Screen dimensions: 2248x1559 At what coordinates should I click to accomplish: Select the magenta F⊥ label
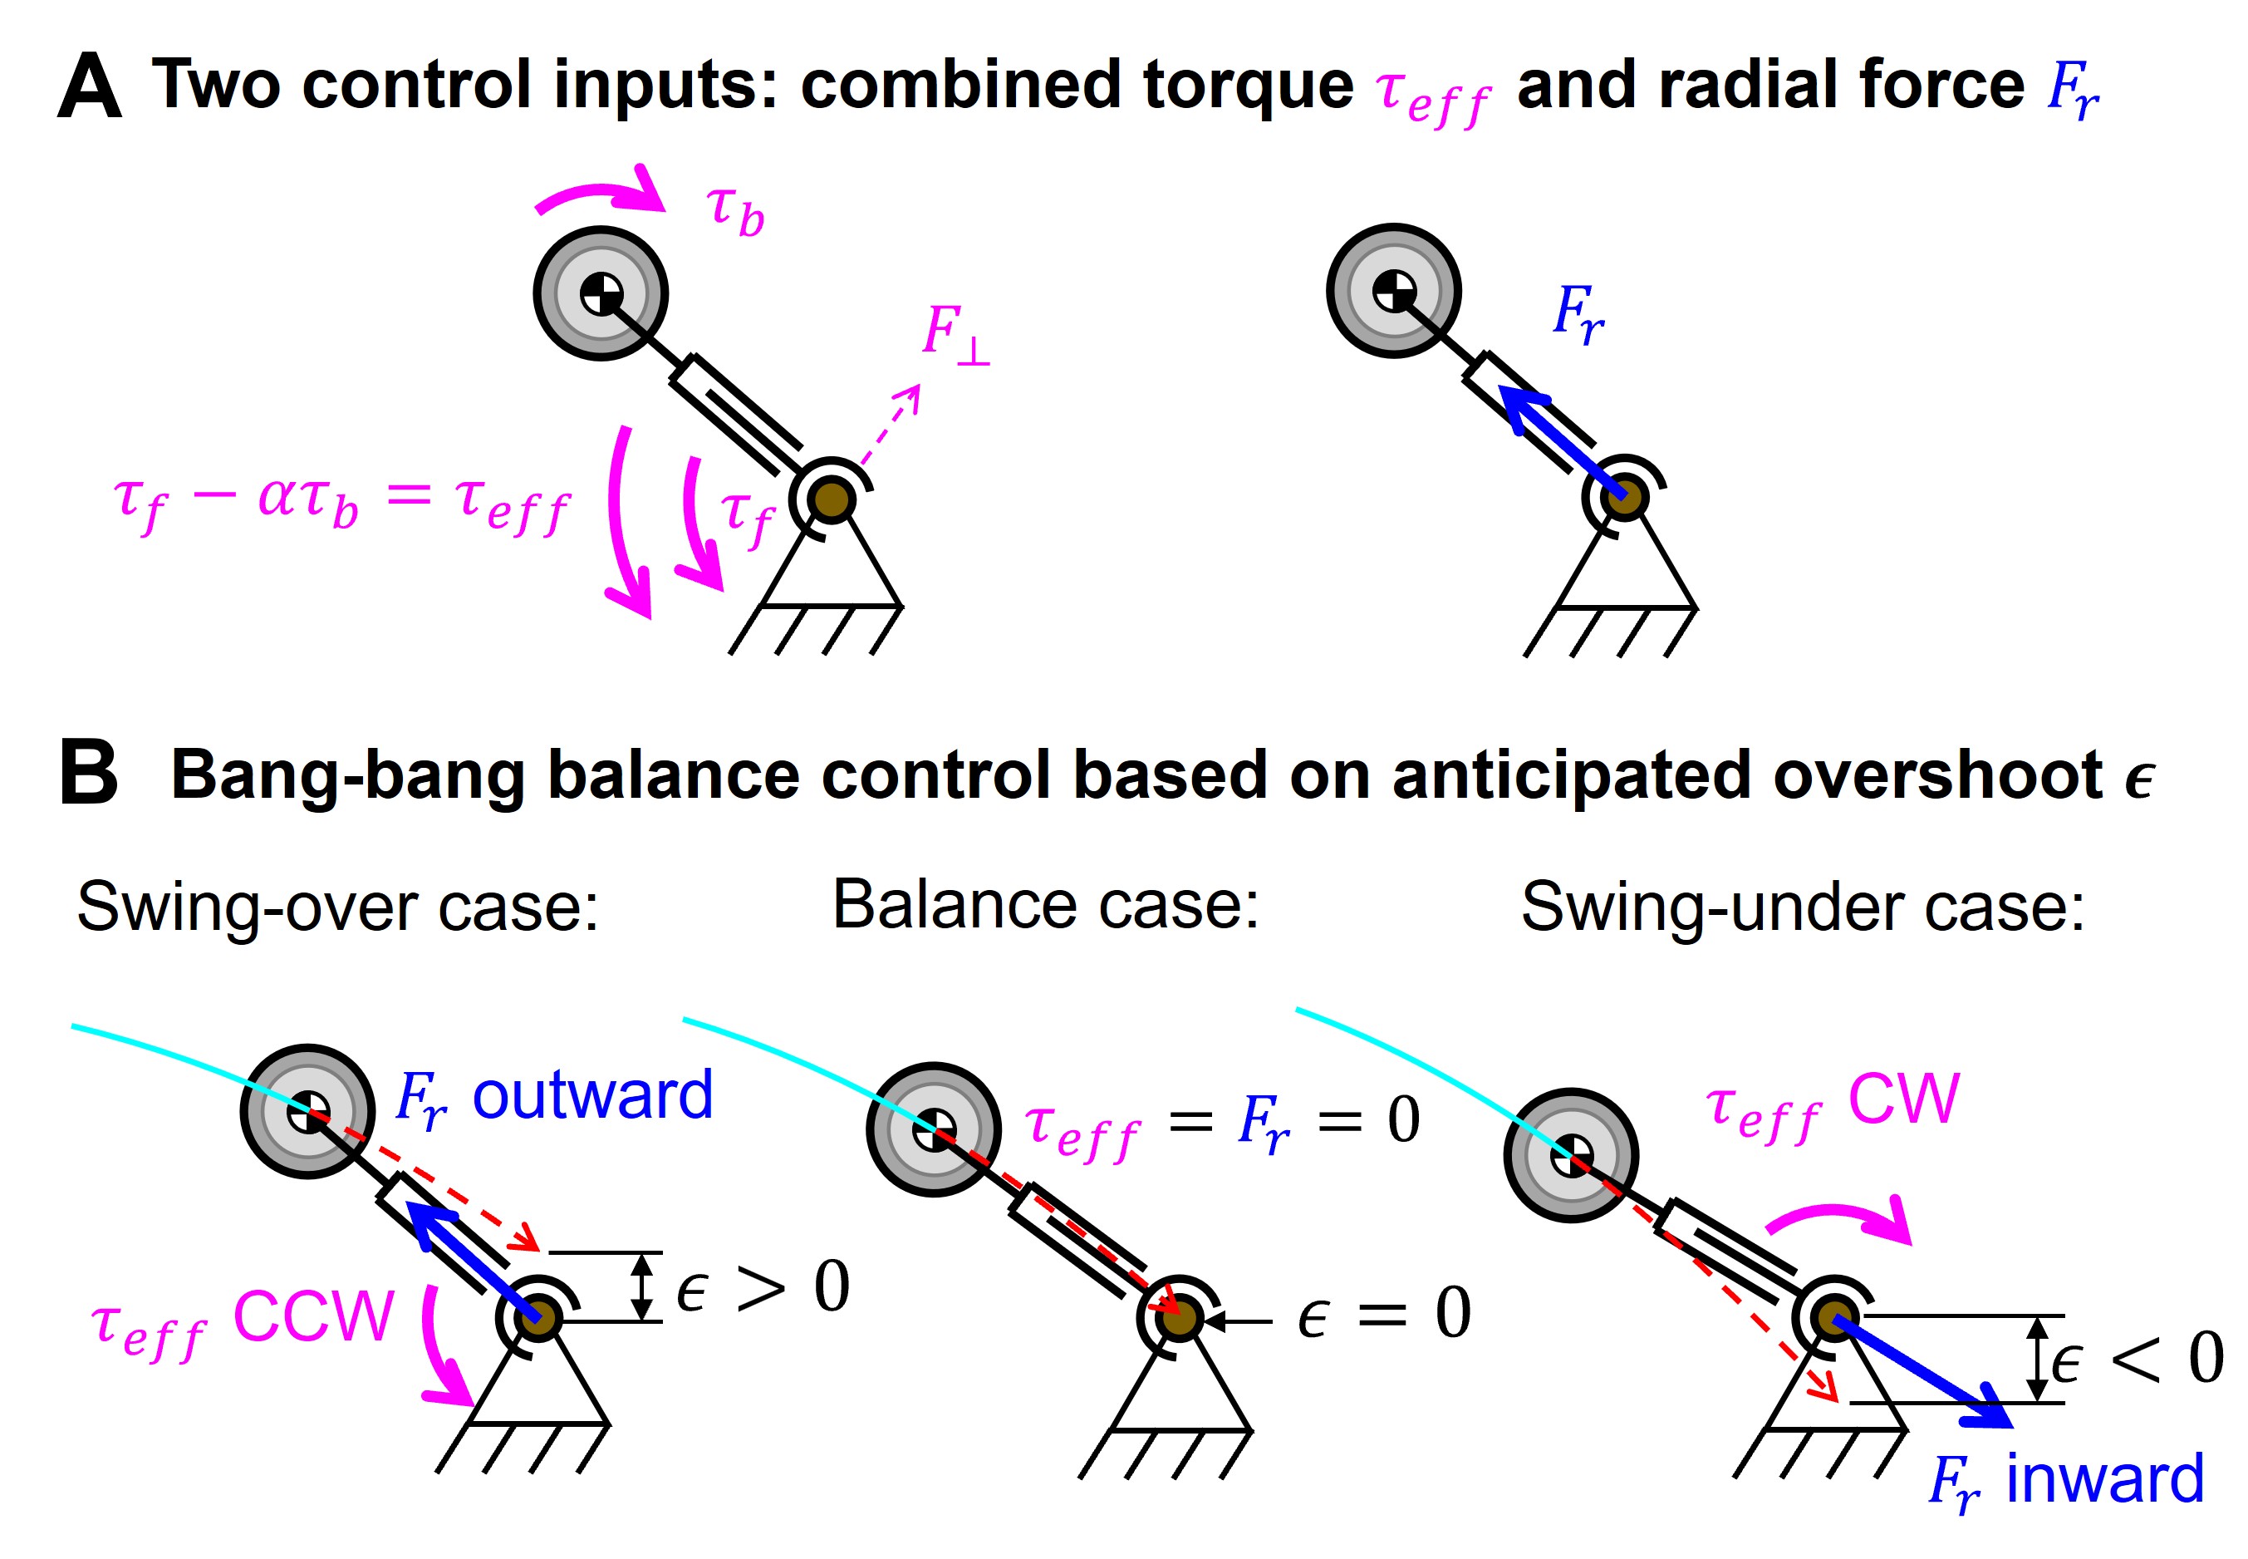pyautogui.click(x=956, y=334)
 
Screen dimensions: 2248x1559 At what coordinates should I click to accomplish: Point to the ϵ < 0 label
pyautogui.click(x=2137, y=1357)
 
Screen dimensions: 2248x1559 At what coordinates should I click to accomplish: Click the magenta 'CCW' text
pyautogui.click(x=313, y=1316)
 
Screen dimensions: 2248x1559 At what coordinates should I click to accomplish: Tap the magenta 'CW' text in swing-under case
pyautogui.click(x=1903, y=1099)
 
